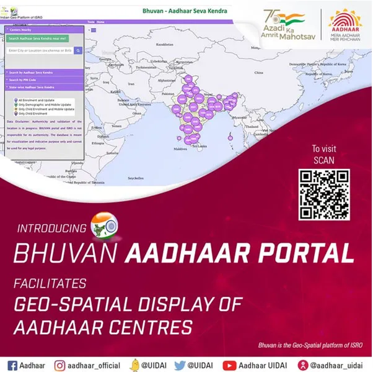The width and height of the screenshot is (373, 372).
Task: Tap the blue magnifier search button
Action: [78, 50]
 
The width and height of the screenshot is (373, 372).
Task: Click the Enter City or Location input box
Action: [39, 50]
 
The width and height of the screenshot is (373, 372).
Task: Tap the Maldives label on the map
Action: [180, 149]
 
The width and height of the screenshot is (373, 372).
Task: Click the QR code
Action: [325, 194]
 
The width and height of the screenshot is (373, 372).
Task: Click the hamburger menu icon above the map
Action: [93, 29]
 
